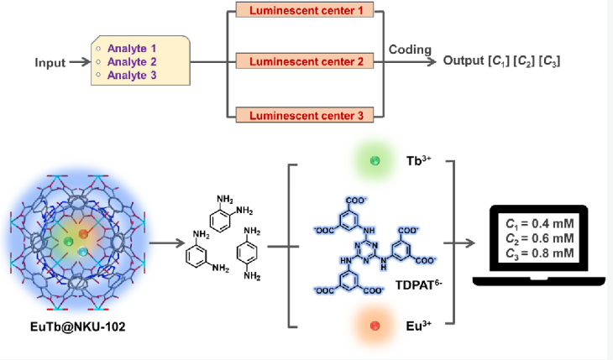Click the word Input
[x=50, y=63]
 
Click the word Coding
[x=410, y=50]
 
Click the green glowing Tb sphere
[x=375, y=160]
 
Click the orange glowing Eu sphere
[x=375, y=325]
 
